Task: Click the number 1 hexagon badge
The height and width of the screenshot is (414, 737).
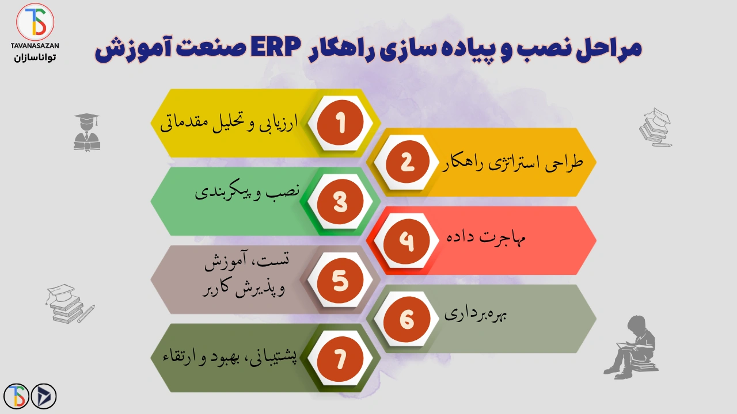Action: click(341, 123)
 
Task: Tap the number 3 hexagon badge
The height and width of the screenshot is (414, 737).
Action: click(341, 201)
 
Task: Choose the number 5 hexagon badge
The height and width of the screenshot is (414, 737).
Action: click(341, 280)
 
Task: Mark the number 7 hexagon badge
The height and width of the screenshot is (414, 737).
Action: click(341, 358)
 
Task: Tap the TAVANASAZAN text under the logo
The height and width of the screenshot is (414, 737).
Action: click(35, 45)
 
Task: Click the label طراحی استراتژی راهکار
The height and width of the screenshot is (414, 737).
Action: click(514, 162)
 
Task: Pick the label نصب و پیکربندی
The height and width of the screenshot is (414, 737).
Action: click(248, 192)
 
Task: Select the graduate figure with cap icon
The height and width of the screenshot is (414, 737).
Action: click(87, 132)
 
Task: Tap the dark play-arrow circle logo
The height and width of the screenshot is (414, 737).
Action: click(44, 396)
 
